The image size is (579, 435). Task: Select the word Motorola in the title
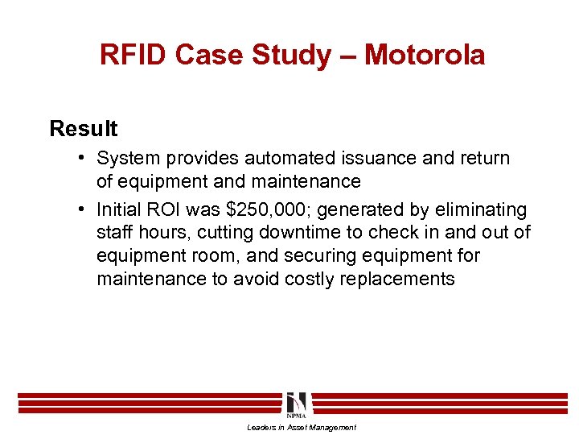[x=425, y=55]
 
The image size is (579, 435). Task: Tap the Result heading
[x=83, y=129]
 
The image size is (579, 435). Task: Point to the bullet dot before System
[x=84, y=159]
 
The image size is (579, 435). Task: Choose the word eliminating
[x=480, y=210]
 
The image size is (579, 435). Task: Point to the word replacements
[x=398, y=280]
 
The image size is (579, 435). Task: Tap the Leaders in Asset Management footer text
[x=302, y=428]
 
